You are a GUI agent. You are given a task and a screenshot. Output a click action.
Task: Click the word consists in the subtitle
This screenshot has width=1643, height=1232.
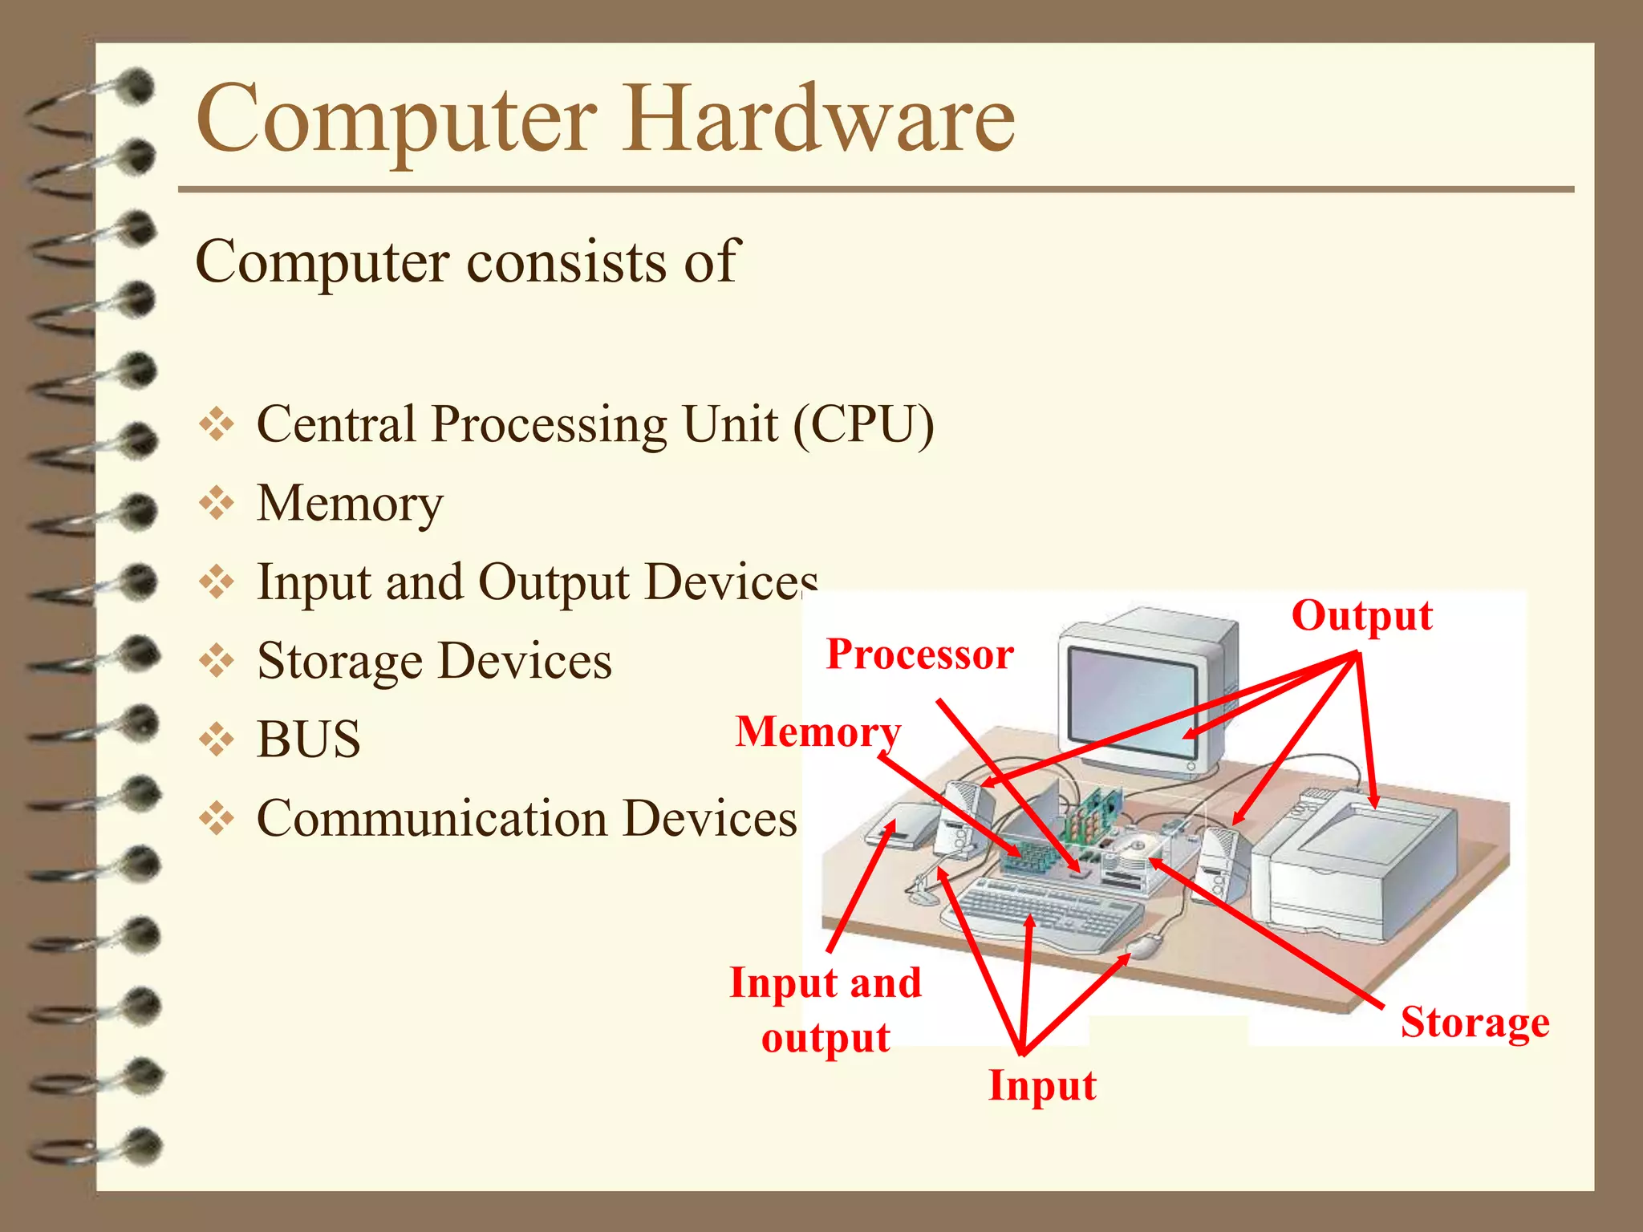tap(566, 261)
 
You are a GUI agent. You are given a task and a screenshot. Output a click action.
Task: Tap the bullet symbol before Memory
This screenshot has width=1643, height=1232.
tap(217, 504)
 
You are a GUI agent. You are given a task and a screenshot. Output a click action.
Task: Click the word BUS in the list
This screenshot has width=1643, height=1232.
tap(309, 739)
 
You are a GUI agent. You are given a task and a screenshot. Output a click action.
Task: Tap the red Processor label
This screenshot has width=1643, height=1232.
tap(919, 654)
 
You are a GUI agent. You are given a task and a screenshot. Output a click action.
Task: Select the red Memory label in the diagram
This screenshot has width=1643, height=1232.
tap(818, 731)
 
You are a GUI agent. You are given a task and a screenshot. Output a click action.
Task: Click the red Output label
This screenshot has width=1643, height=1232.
tap(1361, 616)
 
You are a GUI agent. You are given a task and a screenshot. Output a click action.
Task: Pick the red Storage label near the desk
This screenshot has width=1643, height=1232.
tap(1475, 1022)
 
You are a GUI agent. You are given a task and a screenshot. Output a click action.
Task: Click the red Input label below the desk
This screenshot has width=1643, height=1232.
tap(1042, 1085)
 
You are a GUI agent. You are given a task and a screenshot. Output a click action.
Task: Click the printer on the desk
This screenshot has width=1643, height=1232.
tap(1356, 866)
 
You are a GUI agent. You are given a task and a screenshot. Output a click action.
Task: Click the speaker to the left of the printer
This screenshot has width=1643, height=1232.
tap(1219, 862)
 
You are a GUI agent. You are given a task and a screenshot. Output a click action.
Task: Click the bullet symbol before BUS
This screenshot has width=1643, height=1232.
tap(217, 740)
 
